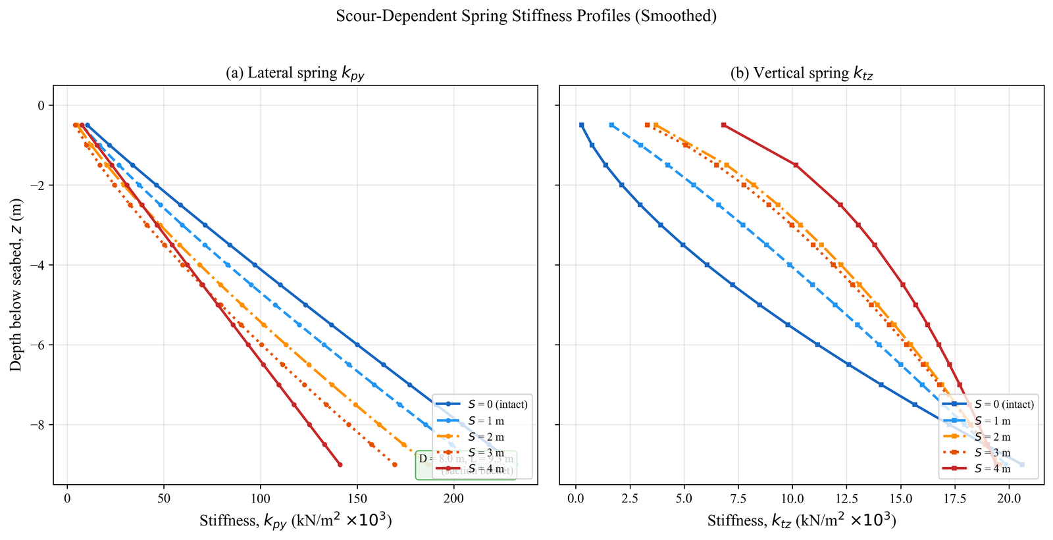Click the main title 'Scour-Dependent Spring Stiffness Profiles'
click(526, 16)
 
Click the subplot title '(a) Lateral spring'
click(295, 73)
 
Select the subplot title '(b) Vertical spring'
click(801, 73)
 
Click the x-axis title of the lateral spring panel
click(295, 521)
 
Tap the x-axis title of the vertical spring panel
click(802, 521)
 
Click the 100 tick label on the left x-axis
click(260, 498)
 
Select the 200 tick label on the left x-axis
click(453, 498)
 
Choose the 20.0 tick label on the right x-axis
click(1008, 498)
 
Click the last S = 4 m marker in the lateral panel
click(340, 464)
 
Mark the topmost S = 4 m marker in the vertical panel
click(723, 125)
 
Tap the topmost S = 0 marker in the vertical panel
click(581, 125)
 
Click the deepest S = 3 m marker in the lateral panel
click(394, 464)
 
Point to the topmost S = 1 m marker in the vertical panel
click(611, 125)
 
